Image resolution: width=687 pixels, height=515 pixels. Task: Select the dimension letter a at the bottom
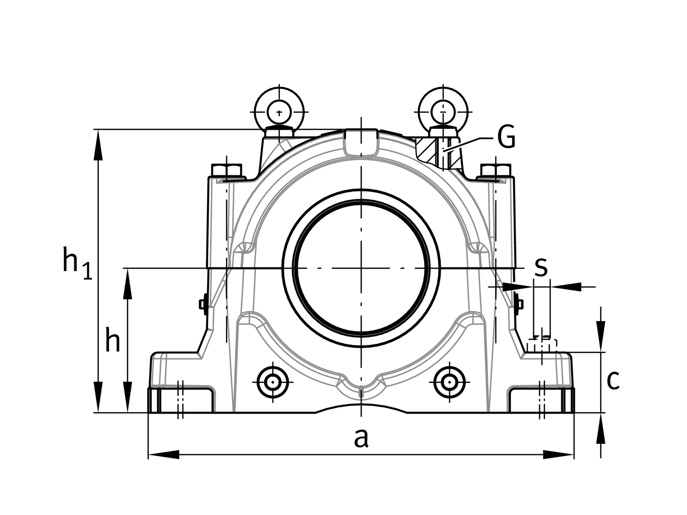(361, 438)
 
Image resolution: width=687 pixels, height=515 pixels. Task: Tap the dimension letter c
(613, 379)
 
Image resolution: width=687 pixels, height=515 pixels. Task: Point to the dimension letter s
(541, 267)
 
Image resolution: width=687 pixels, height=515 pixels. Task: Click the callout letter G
(506, 138)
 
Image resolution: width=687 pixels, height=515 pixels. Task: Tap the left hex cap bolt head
(227, 170)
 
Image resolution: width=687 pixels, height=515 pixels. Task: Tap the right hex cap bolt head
(495, 170)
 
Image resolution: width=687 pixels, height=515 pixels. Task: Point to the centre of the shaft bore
(361, 269)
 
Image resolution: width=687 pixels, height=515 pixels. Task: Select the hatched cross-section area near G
(427, 150)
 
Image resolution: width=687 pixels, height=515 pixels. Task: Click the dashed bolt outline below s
(542, 345)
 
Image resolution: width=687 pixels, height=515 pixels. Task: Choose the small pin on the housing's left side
(203, 304)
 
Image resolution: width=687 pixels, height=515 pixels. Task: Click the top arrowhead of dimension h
(128, 284)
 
